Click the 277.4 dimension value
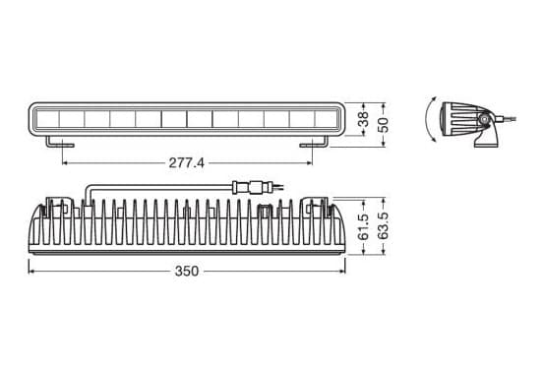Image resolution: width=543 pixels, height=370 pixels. point(187,162)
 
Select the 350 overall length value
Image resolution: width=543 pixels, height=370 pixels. point(187,271)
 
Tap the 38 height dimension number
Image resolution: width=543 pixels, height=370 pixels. point(363,119)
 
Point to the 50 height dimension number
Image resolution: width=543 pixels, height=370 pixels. point(384,125)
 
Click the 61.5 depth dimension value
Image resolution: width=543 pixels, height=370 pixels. point(363,227)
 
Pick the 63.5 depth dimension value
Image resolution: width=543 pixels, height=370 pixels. point(383,226)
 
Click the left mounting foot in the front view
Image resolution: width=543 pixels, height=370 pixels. point(60,142)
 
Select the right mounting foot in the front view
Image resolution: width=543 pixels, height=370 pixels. point(314,142)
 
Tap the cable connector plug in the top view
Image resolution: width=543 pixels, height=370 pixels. point(252,187)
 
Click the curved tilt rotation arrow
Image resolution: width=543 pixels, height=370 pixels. point(427,119)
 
